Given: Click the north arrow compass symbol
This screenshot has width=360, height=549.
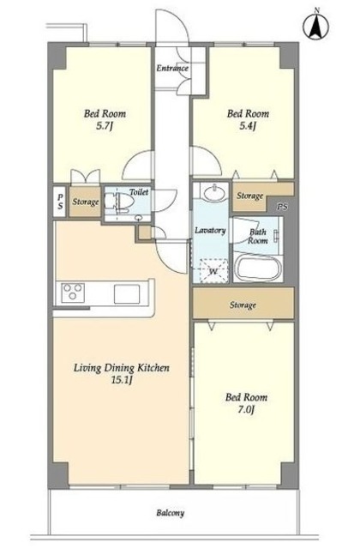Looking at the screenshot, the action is click(316, 25).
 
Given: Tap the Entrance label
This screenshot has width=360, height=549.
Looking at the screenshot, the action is click(172, 68).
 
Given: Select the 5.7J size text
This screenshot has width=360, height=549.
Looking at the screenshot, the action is click(105, 126).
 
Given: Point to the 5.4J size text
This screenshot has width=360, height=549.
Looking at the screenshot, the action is click(248, 126).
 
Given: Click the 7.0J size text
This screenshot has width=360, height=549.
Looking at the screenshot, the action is click(246, 409).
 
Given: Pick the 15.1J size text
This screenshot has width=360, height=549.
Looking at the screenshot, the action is click(122, 380).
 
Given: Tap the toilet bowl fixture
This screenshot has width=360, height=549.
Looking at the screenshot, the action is click(119, 202).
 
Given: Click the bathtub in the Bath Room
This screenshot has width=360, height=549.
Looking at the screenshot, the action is click(258, 268).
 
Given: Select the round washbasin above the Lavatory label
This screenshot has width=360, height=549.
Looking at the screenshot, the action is click(211, 192).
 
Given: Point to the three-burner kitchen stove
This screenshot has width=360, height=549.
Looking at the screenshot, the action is click(73, 292).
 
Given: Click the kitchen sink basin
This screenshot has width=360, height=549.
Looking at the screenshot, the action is click(127, 293).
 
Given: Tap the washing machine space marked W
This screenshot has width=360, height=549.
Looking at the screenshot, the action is click(212, 271).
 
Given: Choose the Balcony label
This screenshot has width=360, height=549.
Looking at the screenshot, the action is click(170, 513).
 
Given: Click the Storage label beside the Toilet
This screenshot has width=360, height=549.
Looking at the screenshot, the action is click(86, 202).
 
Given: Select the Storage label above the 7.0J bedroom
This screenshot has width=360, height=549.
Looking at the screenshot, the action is click(243, 305).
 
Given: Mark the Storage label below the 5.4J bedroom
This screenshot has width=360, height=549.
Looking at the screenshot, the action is click(249, 196).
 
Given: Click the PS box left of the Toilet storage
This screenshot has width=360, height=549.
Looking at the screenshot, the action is click(61, 202).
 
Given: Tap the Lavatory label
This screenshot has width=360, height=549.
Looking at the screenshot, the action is click(210, 231).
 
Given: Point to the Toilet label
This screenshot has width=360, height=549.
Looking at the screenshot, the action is click(139, 192).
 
